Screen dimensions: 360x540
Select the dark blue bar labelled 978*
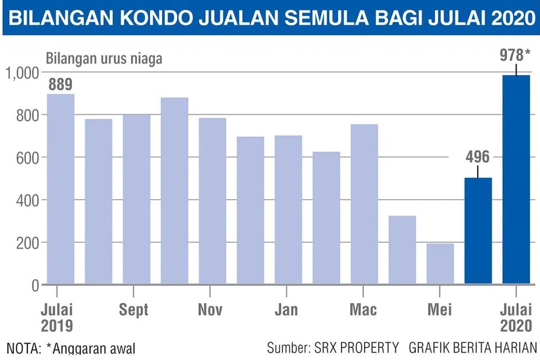click(x=516, y=180)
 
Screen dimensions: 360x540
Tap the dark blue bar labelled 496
click(x=478, y=231)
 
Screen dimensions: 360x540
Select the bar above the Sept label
click(x=137, y=199)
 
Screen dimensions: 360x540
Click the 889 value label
click(x=60, y=85)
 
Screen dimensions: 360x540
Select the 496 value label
click(x=478, y=157)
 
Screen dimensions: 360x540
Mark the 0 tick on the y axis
click(x=34, y=285)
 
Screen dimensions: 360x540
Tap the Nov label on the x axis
click(x=210, y=309)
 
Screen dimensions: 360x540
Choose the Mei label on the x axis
click(x=439, y=309)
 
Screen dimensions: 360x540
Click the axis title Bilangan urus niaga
click(x=104, y=58)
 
